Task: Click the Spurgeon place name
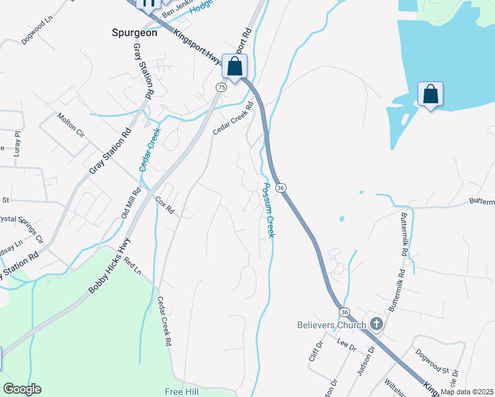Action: (134, 32)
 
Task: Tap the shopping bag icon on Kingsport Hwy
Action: (234, 66)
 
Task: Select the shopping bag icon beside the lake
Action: (430, 95)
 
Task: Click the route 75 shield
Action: (221, 87)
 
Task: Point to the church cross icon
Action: (377, 324)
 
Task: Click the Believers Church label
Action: (331, 325)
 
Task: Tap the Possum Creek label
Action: (269, 210)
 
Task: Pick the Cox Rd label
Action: (164, 206)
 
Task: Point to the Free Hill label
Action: (182, 391)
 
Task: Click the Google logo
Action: (22, 389)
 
